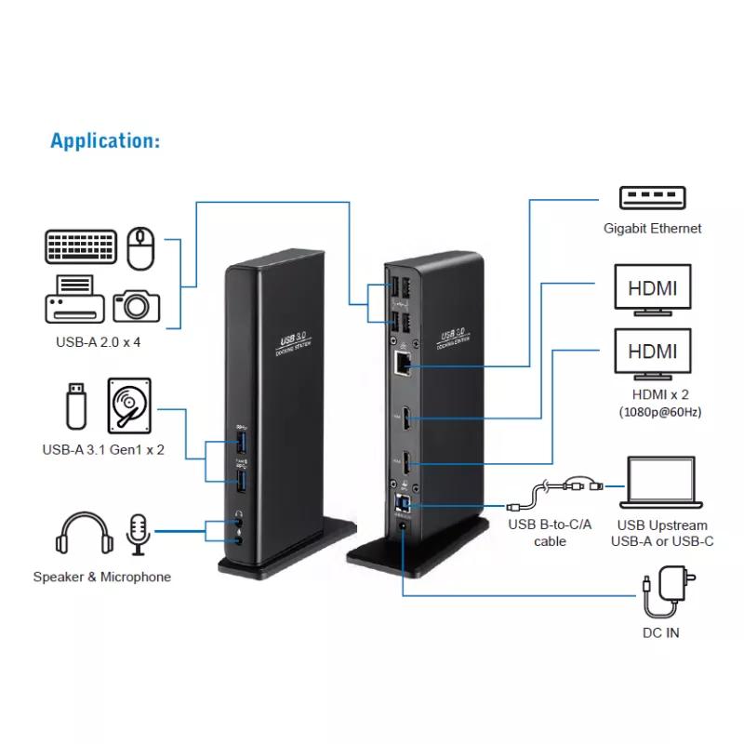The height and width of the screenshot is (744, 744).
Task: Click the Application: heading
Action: (105, 141)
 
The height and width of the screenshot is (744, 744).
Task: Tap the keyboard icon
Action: (81, 247)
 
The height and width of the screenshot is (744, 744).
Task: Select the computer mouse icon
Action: (139, 246)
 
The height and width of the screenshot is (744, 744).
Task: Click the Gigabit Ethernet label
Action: (651, 228)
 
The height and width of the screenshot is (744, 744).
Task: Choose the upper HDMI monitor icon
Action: (652, 289)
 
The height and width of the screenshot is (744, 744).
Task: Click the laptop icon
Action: (662, 485)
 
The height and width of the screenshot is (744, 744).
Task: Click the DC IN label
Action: (660, 634)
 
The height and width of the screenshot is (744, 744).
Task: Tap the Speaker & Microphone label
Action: (102, 577)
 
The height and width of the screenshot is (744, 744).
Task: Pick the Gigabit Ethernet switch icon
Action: (652, 197)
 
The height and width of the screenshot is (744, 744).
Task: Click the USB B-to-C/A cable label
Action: (550, 533)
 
